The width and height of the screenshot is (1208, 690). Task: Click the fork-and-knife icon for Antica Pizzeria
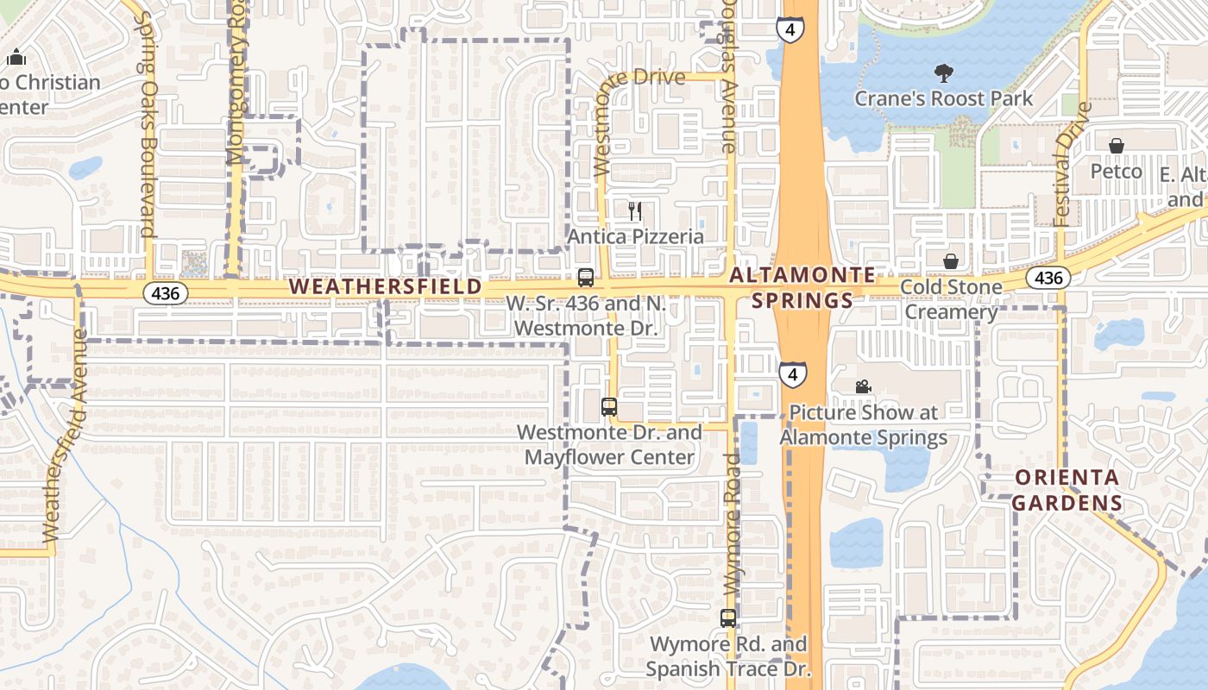click(635, 211)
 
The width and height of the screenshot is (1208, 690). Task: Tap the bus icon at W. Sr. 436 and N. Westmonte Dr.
click(586, 278)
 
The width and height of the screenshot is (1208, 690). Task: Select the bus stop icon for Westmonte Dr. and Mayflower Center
click(609, 406)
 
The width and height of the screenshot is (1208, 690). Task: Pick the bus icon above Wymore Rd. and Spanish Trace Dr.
click(728, 618)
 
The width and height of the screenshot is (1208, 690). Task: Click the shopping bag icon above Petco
click(1116, 146)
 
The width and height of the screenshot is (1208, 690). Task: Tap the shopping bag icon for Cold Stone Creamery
click(951, 260)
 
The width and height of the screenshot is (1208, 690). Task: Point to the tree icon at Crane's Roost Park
click(944, 73)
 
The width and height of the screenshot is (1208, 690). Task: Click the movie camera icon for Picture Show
click(863, 386)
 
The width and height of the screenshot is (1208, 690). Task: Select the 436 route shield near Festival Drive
click(1048, 278)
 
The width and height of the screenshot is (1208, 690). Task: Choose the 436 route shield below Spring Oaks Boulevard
click(165, 293)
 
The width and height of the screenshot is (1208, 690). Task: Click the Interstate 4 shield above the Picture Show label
click(793, 374)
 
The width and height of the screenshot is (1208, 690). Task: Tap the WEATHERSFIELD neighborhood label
click(386, 285)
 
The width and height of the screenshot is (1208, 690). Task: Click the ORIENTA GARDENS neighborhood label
click(1067, 490)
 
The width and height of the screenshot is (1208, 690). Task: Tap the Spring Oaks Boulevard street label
click(147, 125)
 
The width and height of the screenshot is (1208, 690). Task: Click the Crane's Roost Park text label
click(943, 98)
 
